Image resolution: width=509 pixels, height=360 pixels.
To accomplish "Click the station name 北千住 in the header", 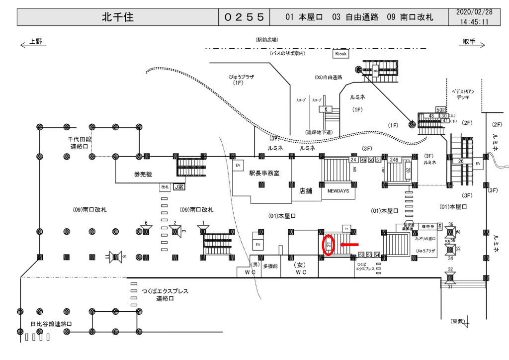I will (x=118, y=17).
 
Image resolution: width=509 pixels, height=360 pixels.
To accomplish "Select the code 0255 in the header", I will (x=244, y=17).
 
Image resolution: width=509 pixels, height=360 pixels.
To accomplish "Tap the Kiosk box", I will (x=341, y=53).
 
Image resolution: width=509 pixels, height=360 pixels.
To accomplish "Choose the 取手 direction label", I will (x=469, y=42).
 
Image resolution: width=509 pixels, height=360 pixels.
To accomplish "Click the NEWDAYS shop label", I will (x=339, y=190).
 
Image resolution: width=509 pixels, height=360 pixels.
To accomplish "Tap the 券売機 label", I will (x=143, y=174).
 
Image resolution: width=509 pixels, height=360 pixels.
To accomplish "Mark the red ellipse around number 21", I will (x=329, y=245).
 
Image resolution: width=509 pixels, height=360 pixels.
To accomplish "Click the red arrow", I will (x=349, y=245).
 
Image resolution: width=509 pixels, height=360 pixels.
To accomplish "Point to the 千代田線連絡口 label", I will (x=81, y=143).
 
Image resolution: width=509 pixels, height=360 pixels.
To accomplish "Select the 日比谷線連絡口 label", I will (x=51, y=324).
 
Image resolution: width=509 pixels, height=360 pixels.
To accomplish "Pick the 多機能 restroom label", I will (x=271, y=267).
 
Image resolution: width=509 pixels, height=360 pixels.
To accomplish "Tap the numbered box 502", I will (x=440, y=109).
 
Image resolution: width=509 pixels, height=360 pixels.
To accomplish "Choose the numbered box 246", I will (x=394, y=160).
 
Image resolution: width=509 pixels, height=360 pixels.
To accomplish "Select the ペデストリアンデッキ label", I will (x=463, y=95).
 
